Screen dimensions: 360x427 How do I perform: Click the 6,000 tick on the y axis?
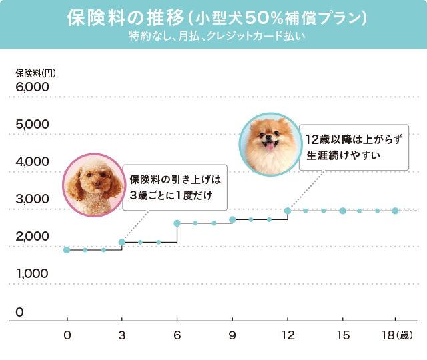(x=32, y=87)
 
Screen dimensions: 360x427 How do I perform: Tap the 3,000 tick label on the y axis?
(x=32, y=199)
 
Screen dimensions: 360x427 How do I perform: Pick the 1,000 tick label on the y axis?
(x=32, y=274)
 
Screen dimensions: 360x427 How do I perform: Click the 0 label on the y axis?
(x=20, y=312)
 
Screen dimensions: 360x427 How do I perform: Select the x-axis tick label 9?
(x=232, y=335)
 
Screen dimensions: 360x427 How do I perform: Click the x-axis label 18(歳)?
(x=400, y=335)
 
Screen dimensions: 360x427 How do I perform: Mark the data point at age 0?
(x=67, y=250)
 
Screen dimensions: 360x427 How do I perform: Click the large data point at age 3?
(x=121, y=242)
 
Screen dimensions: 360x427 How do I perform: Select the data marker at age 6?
(x=177, y=223)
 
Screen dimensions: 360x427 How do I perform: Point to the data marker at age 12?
(x=288, y=211)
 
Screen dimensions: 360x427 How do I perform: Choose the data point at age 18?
(x=395, y=211)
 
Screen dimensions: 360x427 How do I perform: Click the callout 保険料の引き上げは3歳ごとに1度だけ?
(x=175, y=187)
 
